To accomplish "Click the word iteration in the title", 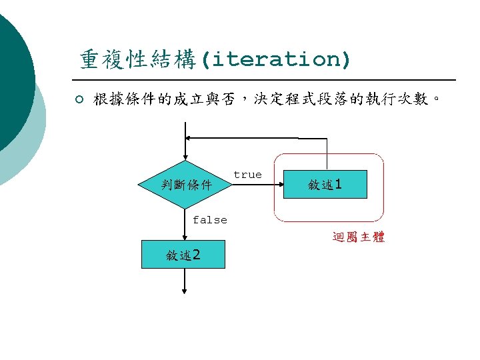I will (276, 60).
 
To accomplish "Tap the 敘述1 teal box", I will (325, 184).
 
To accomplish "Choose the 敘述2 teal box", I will (183, 254).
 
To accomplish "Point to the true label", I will (247, 175).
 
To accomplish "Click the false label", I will (209, 220).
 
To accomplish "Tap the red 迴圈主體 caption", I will (358, 237).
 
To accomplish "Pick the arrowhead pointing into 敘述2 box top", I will (185, 236).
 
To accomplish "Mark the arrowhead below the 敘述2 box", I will (185, 291).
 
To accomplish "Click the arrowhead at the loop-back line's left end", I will (189, 138).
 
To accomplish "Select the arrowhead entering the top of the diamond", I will (185, 157).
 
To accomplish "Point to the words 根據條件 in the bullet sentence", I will (121, 100).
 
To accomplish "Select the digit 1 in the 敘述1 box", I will (339, 184).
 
